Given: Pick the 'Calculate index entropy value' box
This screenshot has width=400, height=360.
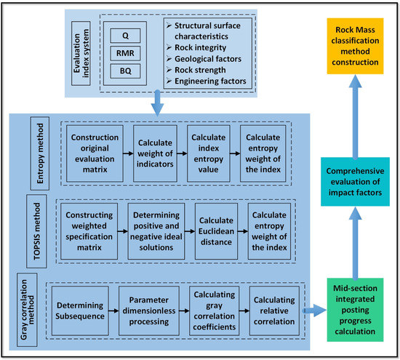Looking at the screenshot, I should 208,153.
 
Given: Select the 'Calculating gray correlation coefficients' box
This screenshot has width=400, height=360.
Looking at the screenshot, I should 212,310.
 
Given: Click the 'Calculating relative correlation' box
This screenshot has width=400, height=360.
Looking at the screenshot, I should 275,310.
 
